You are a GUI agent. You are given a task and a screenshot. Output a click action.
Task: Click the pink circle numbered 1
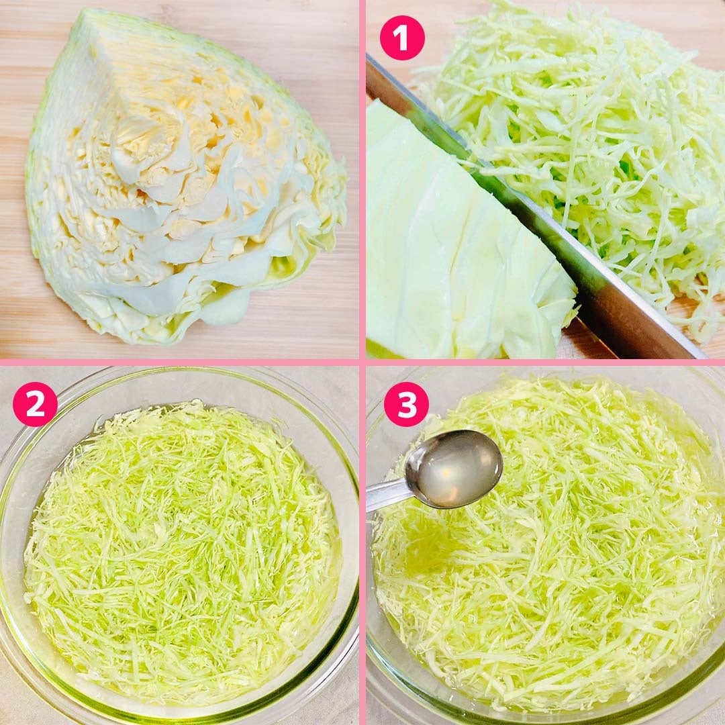click(402, 38)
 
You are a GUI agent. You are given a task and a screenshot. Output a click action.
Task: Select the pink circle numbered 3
click(406, 404)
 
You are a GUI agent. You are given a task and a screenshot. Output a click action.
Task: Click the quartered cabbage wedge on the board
click(185, 176)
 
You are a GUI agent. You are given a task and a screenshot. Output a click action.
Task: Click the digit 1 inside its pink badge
click(402, 38)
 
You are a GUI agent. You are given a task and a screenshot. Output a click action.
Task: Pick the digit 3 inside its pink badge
click(406, 405)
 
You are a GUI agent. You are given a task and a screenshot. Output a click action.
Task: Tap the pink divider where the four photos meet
click(362, 362)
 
